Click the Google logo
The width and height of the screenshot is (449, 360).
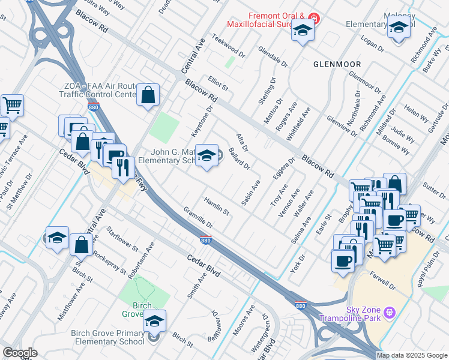[20, 353]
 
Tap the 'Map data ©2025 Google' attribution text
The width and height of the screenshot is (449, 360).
[412, 355]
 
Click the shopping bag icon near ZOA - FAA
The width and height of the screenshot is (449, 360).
[148, 94]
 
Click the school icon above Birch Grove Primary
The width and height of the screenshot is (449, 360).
[155, 321]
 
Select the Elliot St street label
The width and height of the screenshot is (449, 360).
[218, 83]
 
